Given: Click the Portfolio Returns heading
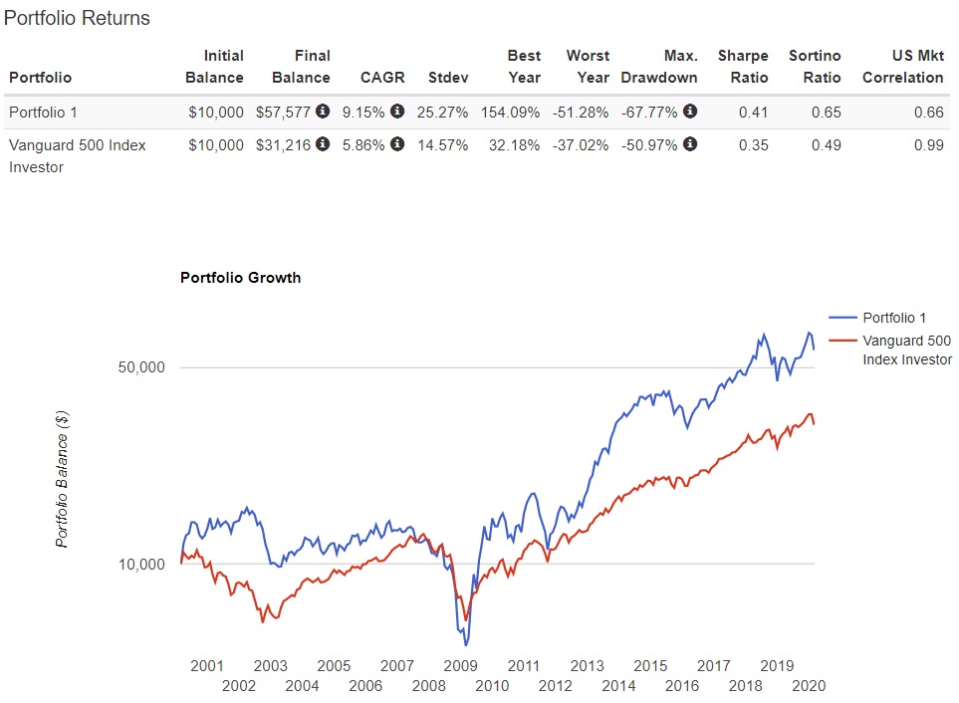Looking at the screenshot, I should pos(78,18).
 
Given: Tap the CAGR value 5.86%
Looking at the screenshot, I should pos(364,145).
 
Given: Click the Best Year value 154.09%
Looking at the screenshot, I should pos(510,113).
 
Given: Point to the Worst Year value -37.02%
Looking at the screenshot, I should pos(581,145).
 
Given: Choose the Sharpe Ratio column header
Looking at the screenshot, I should pos(743,67).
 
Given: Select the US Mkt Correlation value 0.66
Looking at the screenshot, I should pos(928,113).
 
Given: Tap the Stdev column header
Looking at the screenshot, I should pos(447,78).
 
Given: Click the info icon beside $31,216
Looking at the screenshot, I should pos(323,144).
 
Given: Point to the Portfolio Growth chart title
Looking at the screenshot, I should pos(240,278).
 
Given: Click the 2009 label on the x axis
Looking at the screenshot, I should pos(460,665).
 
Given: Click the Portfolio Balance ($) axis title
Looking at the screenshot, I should pos(62,478).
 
